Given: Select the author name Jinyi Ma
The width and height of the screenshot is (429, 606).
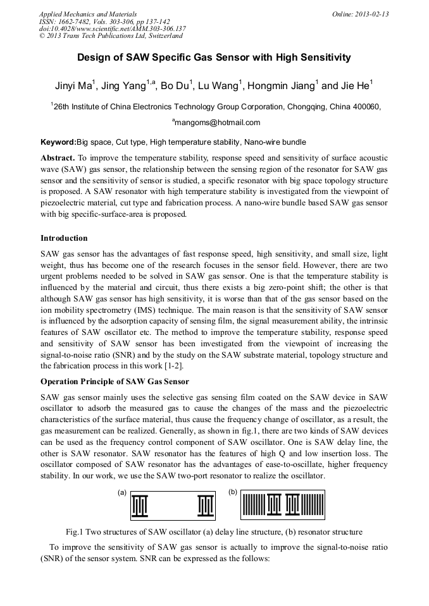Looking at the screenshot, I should tap(71, 86).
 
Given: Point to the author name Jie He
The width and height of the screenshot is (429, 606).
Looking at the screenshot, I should tap(357, 86).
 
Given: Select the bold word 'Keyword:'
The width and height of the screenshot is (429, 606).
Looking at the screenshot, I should tap(58, 142).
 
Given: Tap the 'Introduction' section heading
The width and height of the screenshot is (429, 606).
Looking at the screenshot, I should tap(64, 238).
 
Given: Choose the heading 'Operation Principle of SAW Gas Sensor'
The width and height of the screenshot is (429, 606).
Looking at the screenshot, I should tap(115, 382).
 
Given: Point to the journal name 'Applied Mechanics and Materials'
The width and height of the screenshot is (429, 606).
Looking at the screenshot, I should tap(87, 14).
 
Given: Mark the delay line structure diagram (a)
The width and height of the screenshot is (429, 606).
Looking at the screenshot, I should tap(173, 506).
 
